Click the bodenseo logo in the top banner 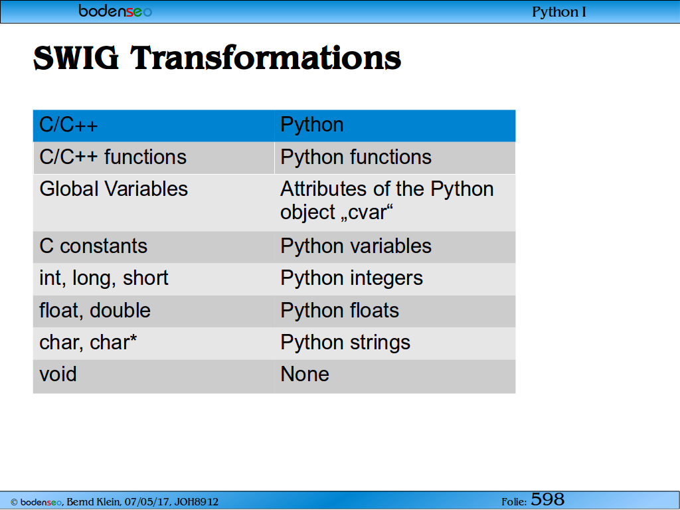[116, 11]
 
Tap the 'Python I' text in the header [558, 12]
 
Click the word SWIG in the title [76, 58]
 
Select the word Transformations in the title [266, 58]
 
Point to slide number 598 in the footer [547, 499]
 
